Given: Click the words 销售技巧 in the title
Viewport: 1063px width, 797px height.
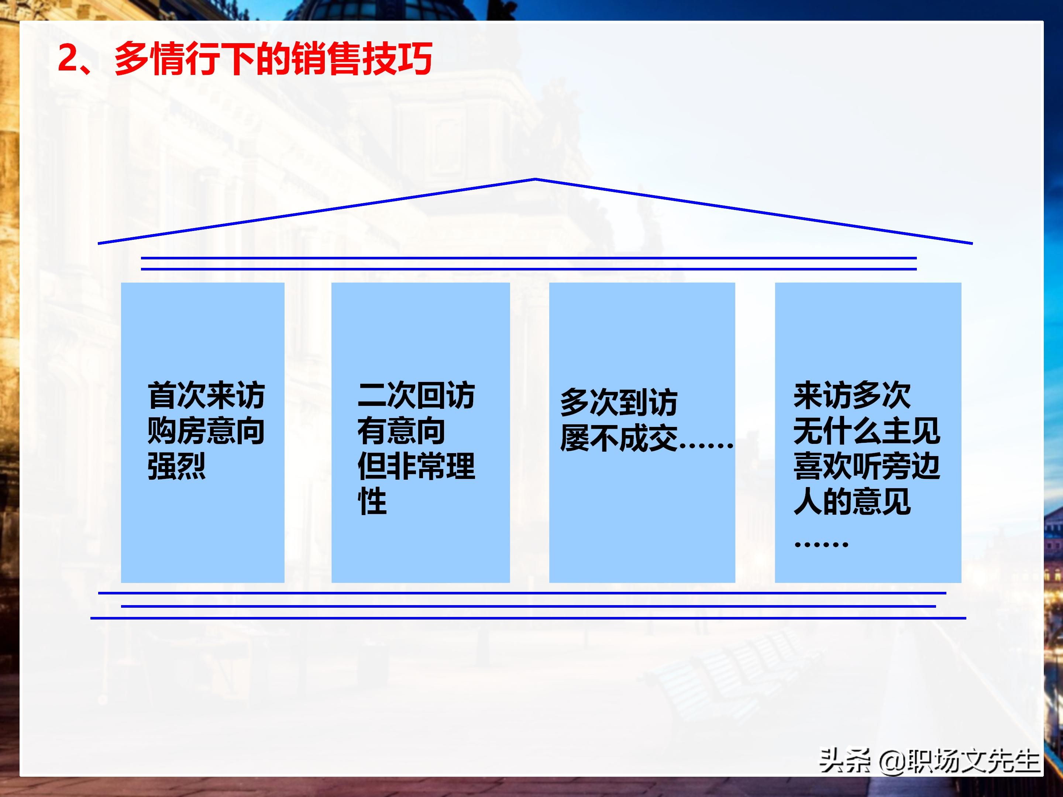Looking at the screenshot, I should (x=361, y=58).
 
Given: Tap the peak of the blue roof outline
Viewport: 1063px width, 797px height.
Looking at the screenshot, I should (x=535, y=180).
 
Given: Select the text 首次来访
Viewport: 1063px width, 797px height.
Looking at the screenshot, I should (x=206, y=396).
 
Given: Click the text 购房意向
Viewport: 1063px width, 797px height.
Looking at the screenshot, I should (x=206, y=431).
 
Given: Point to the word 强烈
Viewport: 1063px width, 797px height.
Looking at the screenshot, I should (x=176, y=466).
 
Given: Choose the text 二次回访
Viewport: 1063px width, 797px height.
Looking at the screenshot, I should (x=416, y=396).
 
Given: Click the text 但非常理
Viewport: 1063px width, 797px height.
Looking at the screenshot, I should (x=416, y=466).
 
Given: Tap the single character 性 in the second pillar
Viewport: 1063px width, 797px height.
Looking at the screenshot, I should (x=372, y=501).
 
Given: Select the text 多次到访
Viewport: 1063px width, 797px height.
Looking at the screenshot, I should (x=619, y=402).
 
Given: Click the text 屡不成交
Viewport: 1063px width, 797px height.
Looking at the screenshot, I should (x=619, y=438).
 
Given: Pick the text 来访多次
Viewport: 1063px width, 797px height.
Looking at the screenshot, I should (x=852, y=396).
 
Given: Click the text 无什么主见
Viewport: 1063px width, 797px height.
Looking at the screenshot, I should (x=866, y=431).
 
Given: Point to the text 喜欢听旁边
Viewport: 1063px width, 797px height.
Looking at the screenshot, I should (x=866, y=466).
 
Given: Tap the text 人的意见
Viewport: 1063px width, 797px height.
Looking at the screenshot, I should (x=852, y=501).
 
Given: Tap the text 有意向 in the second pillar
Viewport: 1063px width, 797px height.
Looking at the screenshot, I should (x=401, y=431).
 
